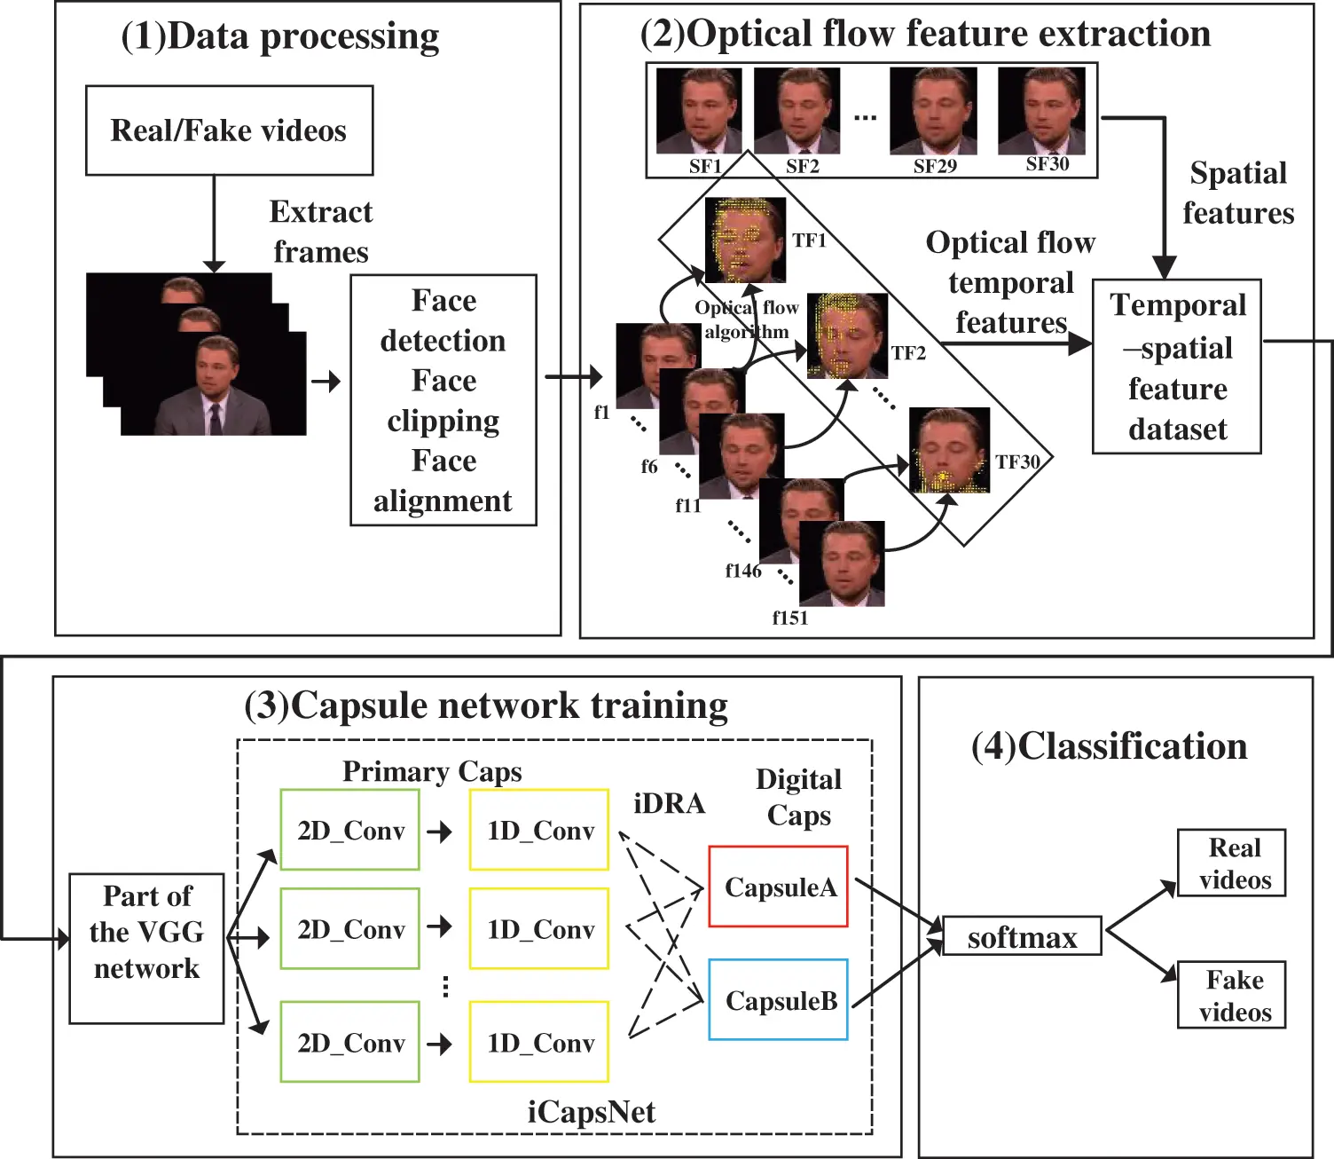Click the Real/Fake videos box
point(229,130)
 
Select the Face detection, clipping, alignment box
point(443,400)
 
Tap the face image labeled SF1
point(698,112)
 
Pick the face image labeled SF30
point(1041,111)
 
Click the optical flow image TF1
point(745,240)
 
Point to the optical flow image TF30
point(950,450)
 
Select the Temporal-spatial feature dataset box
point(1177,367)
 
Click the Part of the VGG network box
point(146,948)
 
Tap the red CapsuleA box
point(779,887)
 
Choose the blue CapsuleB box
point(779,1000)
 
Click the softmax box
point(1022,936)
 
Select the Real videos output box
point(1231,863)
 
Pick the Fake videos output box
point(1231,996)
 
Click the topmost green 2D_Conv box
point(349,830)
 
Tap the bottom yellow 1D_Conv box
point(539,1042)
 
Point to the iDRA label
point(669,803)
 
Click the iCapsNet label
point(591,1112)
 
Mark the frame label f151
point(789,618)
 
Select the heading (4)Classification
point(1109,746)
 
